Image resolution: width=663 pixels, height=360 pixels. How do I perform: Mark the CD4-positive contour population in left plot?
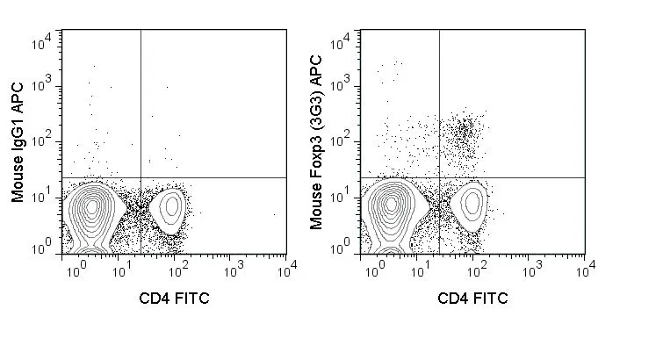point(168,207)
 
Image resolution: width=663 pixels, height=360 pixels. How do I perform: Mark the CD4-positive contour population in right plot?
point(472,204)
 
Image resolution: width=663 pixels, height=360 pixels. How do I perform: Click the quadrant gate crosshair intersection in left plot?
point(141,177)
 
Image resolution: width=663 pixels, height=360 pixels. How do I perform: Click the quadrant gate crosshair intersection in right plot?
point(438,177)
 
